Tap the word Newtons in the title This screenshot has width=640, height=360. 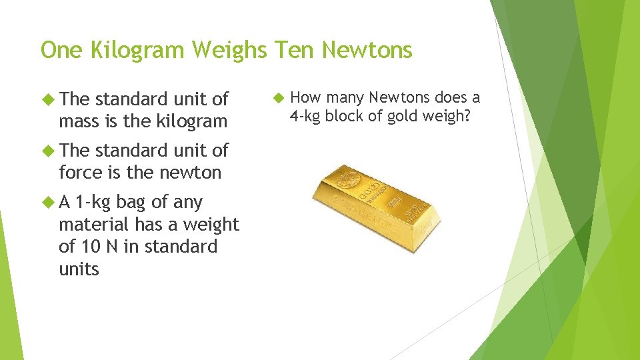pyautogui.click(x=368, y=50)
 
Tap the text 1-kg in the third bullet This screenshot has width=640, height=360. pyautogui.click(x=93, y=202)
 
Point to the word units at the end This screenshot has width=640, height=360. pyautogui.click(x=79, y=269)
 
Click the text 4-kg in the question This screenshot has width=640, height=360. pyautogui.click(x=305, y=116)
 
